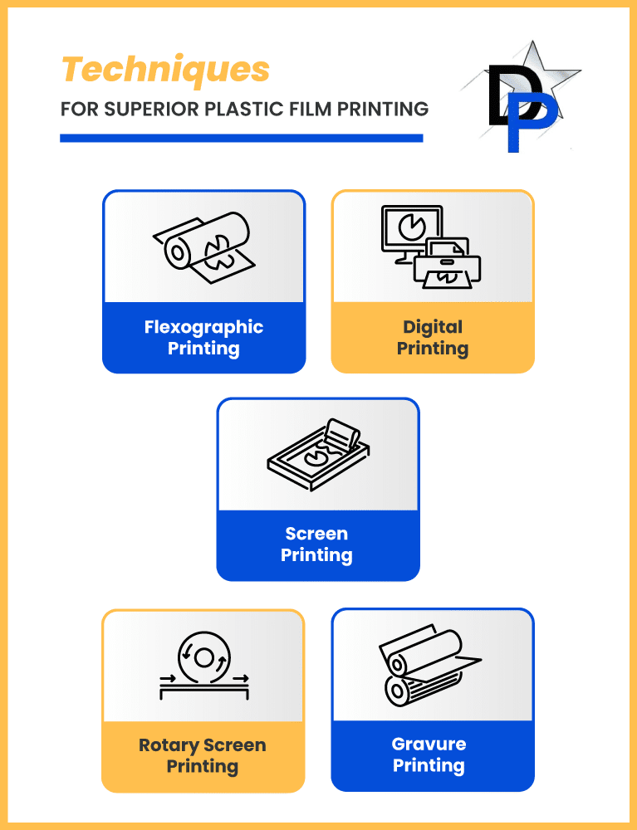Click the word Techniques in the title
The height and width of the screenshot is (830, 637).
[166, 70]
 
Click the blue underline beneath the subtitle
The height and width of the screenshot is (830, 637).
[242, 138]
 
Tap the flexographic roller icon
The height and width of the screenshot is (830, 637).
[203, 247]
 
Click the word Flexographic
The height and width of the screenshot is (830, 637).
[203, 326]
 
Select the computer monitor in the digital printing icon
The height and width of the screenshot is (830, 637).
[410, 232]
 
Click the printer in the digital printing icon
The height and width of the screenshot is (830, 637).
[448, 264]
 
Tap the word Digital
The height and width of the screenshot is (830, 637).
[433, 326]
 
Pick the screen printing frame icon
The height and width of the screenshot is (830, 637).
[318, 455]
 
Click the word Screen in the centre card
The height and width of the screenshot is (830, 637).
[316, 534]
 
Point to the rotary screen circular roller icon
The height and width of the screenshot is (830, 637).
[203, 658]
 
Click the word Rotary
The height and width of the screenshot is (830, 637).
[169, 745]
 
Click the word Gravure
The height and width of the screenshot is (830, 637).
[429, 745]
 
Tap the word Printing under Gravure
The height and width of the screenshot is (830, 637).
[429, 766]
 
